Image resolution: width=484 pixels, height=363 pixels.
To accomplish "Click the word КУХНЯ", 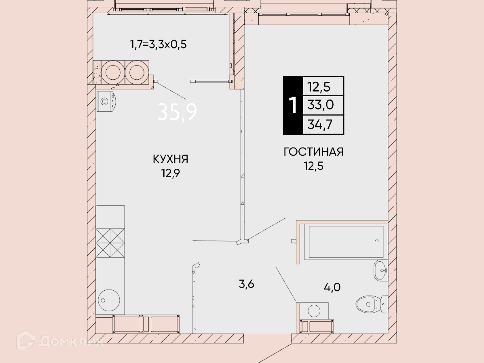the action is pos(170,159).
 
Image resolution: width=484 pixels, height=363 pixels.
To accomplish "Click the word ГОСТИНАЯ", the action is pos(314,152).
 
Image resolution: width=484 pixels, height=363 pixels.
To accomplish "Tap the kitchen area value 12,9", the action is pos(170,173).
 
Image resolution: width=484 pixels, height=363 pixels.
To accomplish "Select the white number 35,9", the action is pos(177,112).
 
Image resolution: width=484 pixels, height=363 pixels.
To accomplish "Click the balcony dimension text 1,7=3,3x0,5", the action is pos(158,44).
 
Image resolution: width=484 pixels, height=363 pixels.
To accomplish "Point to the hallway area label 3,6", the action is pos(246,284).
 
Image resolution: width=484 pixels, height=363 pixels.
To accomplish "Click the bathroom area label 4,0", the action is pos(332,287).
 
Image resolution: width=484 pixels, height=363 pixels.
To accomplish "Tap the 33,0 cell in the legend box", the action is pos(320,105).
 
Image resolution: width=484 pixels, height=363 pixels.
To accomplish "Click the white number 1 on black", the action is pos(293,105).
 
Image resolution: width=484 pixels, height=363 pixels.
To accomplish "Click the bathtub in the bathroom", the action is pos(346,242).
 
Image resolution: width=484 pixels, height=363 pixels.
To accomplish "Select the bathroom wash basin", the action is pos(381,270).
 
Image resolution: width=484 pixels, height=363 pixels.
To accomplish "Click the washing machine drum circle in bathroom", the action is pos(314,311).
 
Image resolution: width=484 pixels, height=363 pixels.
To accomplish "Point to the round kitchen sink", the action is pos(109,300).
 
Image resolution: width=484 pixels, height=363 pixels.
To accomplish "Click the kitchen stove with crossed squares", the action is pos(110,243).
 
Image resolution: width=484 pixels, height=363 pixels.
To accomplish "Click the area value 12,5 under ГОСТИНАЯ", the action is pos(314,166).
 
